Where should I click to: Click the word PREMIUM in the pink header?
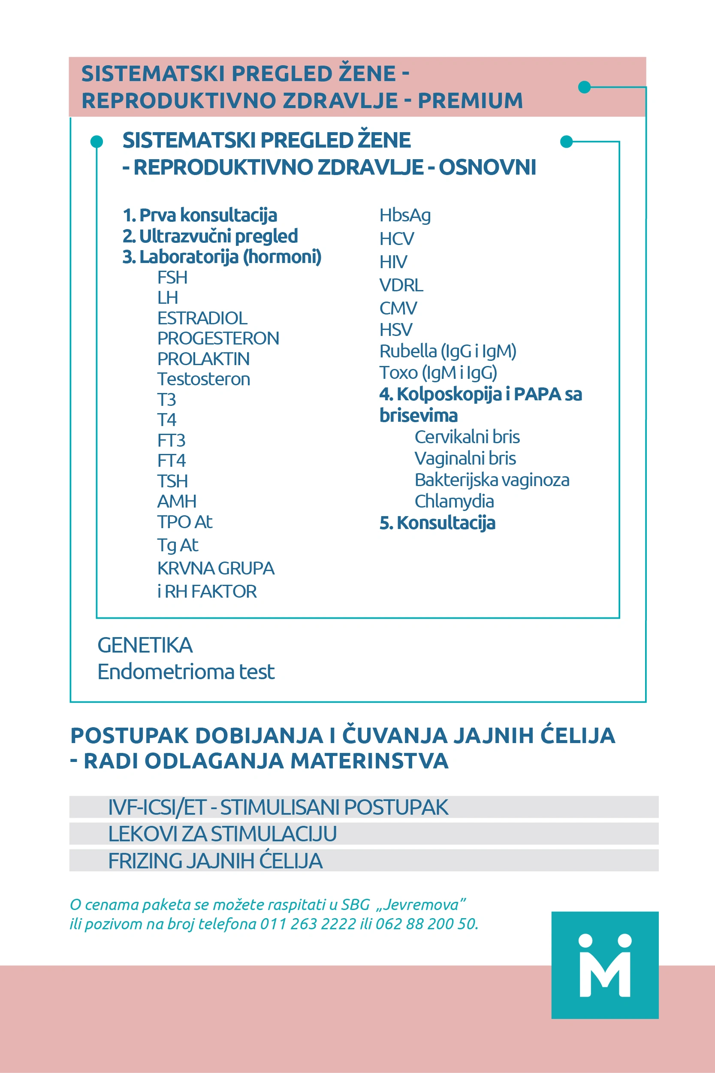[x=470, y=101]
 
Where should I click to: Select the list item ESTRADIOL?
[x=202, y=318]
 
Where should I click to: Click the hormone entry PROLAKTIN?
[x=203, y=359]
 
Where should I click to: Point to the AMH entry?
[x=177, y=501]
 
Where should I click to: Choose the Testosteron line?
[x=203, y=379]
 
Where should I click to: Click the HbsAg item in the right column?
[x=405, y=215]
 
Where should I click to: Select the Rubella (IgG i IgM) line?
[x=447, y=351]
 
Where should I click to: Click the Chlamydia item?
[x=454, y=501]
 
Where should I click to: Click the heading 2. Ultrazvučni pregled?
[x=210, y=236]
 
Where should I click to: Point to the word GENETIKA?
[x=145, y=645]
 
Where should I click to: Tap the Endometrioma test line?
[x=186, y=672]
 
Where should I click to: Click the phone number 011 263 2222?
[x=308, y=924]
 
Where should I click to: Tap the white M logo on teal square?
[x=605, y=965]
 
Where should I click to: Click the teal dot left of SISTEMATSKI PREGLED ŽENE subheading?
[x=97, y=142]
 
